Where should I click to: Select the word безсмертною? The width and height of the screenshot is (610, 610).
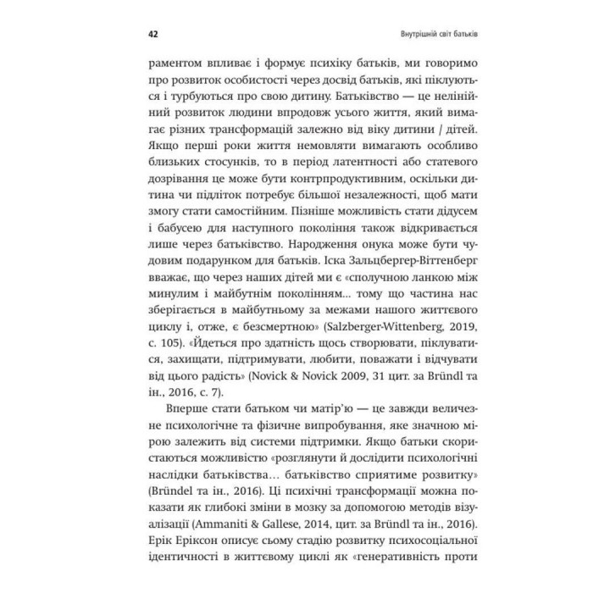[267, 346]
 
